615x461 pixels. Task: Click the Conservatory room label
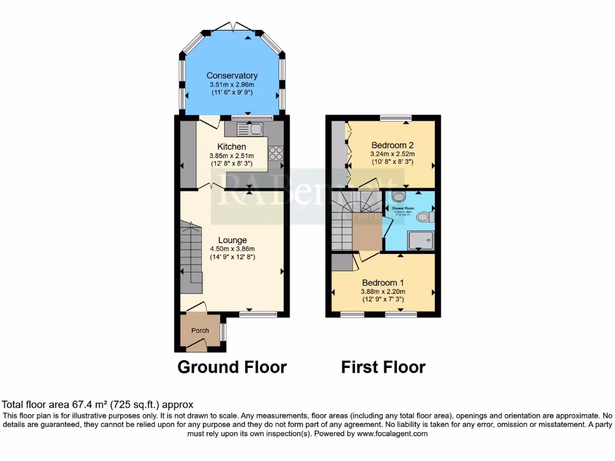(x=232, y=76)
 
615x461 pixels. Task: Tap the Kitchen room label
(x=231, y=146)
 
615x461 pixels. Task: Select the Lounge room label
(x=232, y=240)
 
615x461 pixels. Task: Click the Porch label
(x=200, y=331)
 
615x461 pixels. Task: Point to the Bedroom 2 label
(x=392, y=145)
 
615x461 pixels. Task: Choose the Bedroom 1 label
(x=383, y=283)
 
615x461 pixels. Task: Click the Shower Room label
(x=408, y=208)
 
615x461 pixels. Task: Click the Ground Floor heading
(x=232, y=367)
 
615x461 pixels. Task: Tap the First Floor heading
(x=383, y=367)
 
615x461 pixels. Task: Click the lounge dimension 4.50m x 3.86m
(x=232, y=249)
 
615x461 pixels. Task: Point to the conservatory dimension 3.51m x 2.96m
(x=232, y=85)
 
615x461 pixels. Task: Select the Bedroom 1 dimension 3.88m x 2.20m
(x=383, y=292)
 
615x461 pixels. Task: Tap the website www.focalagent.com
(x=392, y=433)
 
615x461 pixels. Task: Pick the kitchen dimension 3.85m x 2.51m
(x=231, y=155)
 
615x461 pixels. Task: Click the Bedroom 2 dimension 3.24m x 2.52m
(x=392, y=154)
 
